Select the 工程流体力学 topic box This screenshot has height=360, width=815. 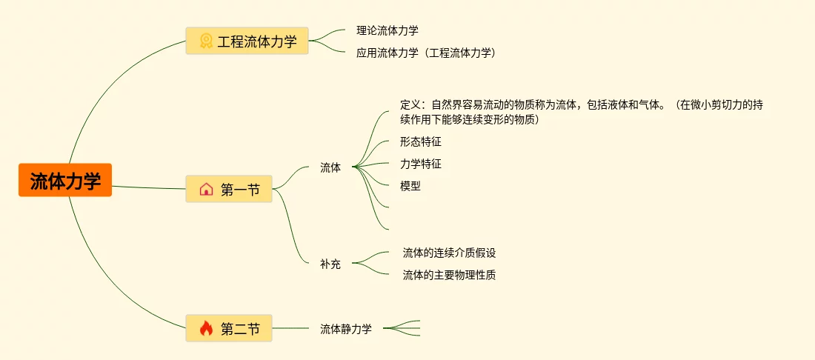pos(247,41)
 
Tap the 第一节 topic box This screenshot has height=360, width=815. pos(229,190)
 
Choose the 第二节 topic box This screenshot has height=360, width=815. pos(229,328)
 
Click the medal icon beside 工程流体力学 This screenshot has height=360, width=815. pos(206,41)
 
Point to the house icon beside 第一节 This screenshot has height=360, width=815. pos(206,190)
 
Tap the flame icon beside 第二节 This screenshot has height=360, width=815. pos(206,328)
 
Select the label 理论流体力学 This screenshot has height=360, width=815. pos(387,30)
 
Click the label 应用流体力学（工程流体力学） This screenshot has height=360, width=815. pos(426,53)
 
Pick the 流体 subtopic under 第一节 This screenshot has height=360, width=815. pos(330,167)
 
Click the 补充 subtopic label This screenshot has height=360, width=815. pos(330,264)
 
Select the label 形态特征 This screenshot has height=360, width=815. pos(421,141)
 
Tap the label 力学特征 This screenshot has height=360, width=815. pos(421,164)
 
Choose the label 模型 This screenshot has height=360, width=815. pos(410,186)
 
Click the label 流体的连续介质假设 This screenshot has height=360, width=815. pos(449,253)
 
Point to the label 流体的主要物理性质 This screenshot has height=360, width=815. pos(449,275)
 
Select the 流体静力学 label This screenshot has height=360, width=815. pos(346,329)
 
